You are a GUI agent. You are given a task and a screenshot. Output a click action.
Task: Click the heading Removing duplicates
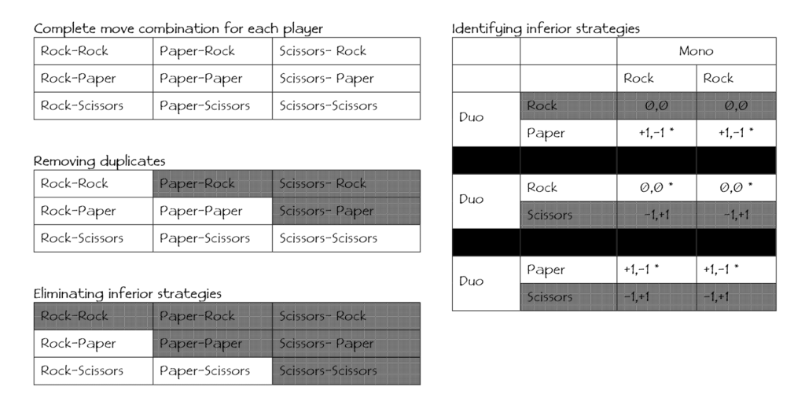click(99, 160)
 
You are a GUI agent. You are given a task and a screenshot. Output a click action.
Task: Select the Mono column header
click(696, 51)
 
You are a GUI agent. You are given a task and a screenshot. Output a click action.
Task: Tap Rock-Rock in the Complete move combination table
click(75, 51)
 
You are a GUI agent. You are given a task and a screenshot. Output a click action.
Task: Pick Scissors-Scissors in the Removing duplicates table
click(328, 238)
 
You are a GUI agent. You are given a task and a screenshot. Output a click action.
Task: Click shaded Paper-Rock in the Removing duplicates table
click(197, 183)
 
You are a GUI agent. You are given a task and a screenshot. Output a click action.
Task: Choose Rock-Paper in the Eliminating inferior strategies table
click(78, 344)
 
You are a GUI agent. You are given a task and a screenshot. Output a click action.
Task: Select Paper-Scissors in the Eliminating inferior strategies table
click(204, 371)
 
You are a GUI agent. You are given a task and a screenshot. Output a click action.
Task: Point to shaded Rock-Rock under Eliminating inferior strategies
click(75, 316)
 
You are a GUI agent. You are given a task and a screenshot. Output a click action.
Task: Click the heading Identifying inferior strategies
click(546, 29)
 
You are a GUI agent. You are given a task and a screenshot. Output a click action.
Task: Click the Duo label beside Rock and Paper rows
click(471, 117)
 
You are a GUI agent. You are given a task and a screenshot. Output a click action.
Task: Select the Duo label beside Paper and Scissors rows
click(471, 281)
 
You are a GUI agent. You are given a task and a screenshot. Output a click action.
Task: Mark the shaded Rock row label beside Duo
click(542, 105)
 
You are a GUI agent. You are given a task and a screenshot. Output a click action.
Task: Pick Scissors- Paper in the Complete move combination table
click(326, 79)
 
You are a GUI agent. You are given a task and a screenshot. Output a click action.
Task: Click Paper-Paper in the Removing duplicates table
click(200, 211)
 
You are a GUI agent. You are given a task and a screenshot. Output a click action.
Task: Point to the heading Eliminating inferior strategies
click(127, 293)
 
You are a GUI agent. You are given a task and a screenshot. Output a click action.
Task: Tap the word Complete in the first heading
click(64, 29)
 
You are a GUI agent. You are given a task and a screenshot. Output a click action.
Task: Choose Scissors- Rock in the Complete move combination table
click(322, 51)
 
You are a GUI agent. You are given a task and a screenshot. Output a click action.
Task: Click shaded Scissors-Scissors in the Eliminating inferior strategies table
click(328, 371)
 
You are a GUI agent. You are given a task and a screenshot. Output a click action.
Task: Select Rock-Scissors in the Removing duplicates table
click(82, 238)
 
